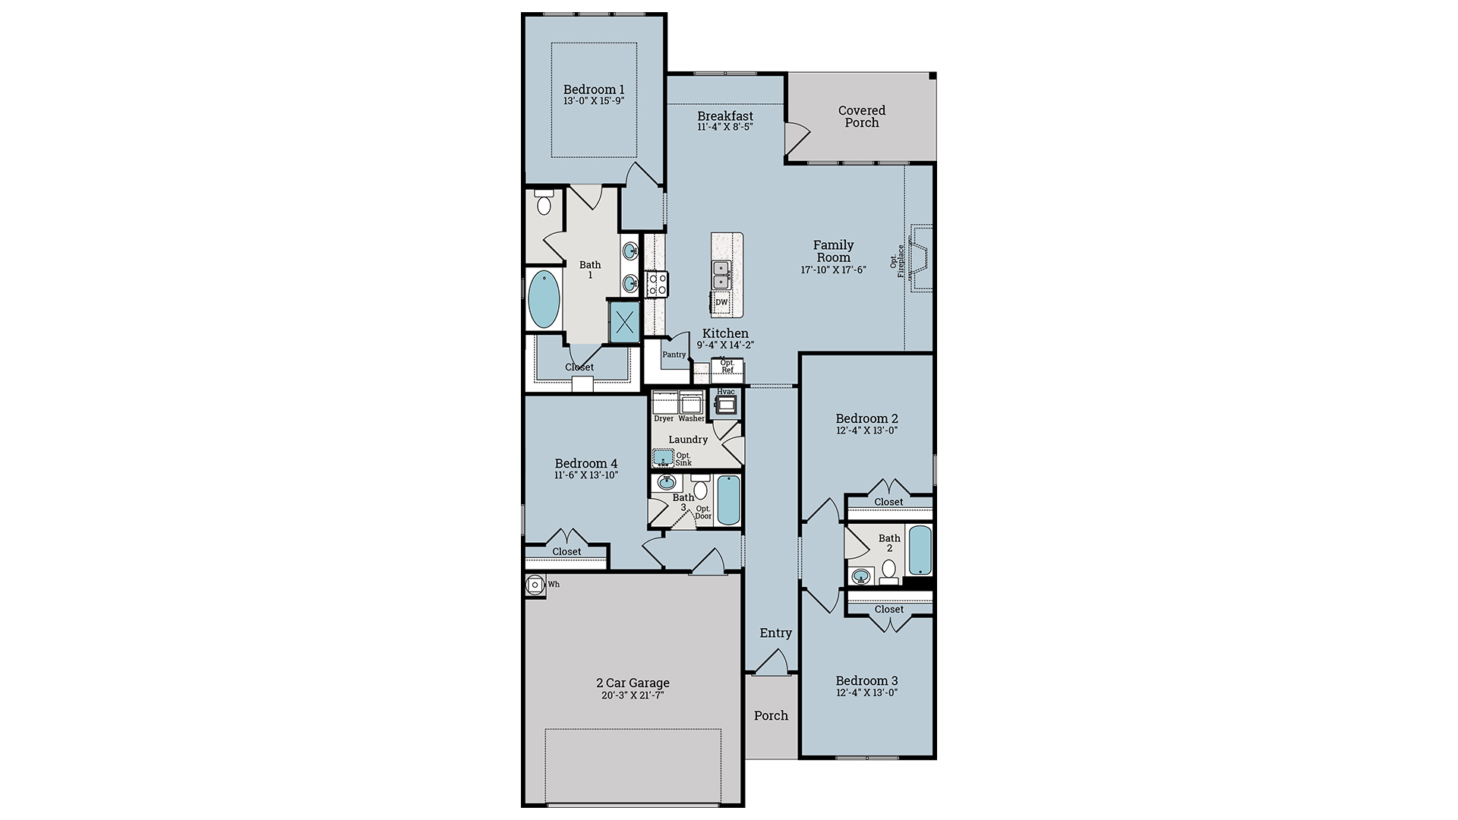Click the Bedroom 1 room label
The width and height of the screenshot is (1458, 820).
[x=594, y=90]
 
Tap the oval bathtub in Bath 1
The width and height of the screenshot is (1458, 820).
[x=543, y=299]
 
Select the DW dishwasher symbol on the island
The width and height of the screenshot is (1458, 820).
[x=721, y=302]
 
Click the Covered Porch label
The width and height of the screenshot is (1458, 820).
[x=861, y=116]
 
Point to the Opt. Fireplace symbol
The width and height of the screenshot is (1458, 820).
[x=921, y=258]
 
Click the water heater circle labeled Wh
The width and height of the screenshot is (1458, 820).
[x=535, y=585]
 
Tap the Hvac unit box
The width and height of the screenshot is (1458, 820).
[x=726, y=404]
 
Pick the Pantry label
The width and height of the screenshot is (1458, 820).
[x=674, y=355]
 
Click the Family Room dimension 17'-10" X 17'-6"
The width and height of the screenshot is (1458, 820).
[x=833, y=270]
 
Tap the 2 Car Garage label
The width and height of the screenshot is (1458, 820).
[x=632, y=683]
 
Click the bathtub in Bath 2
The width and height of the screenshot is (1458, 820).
[x=920, y=550]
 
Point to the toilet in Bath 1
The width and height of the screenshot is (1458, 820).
[x=544, y=203]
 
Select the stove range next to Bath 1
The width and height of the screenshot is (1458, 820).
[x=656, y=284]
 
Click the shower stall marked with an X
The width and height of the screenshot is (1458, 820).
[x=625, y=323]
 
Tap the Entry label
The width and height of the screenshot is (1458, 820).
[x=775, y=633]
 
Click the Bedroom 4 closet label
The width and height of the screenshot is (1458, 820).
[x=566, y=552]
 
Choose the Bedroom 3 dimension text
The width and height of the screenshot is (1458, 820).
[x=866, y=692]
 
